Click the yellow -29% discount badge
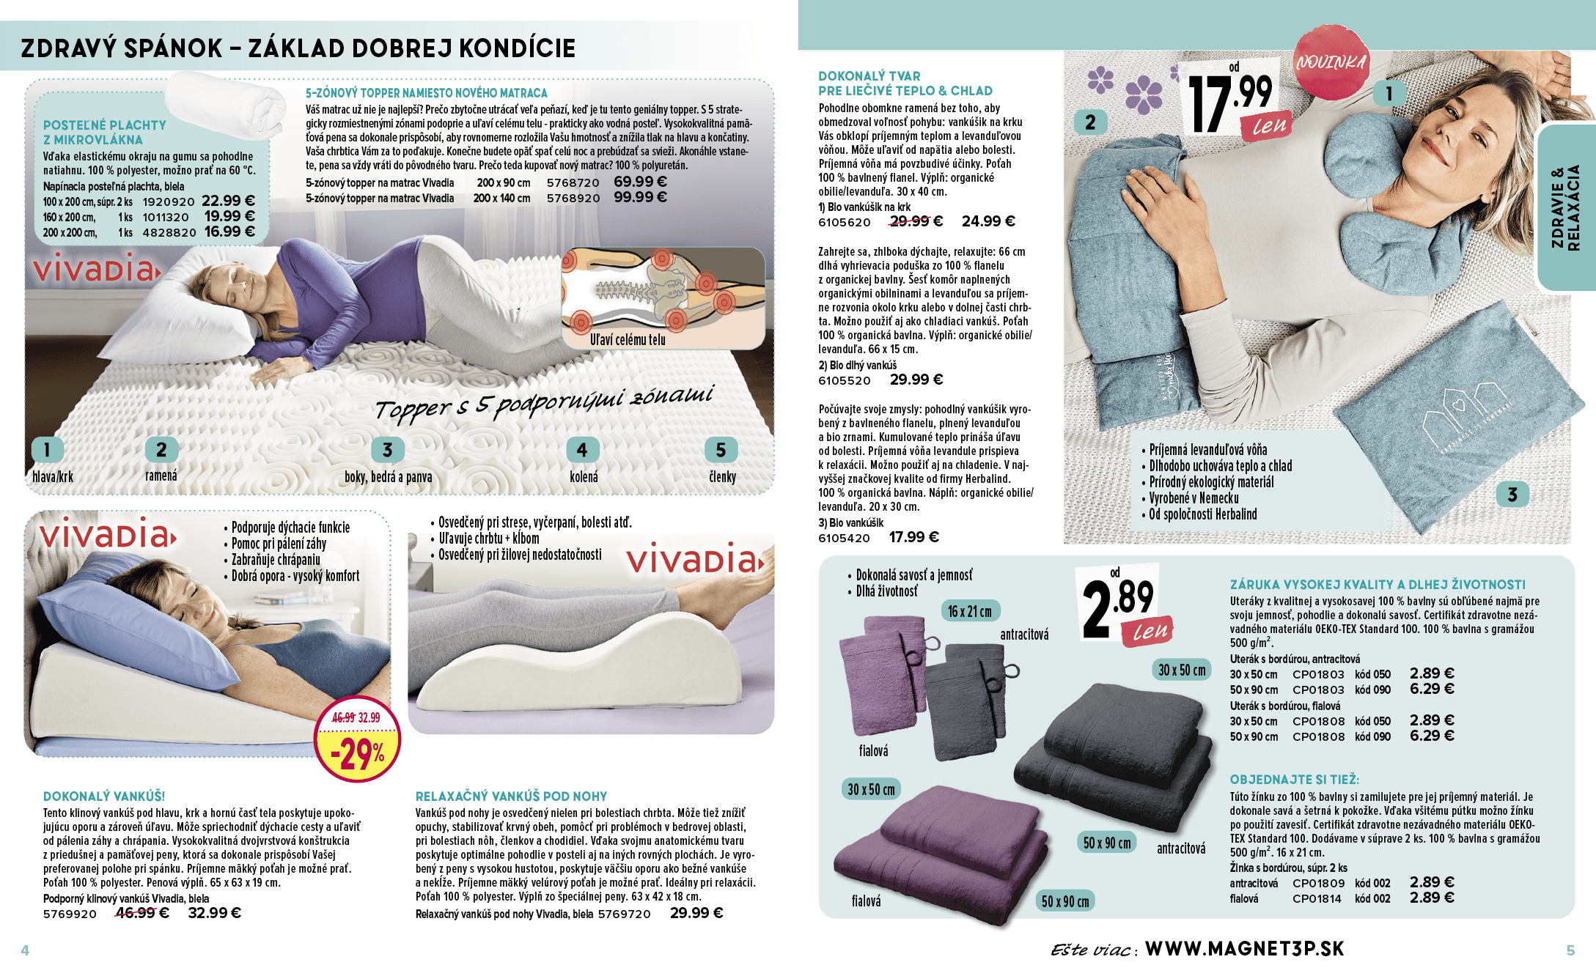tap(357, 739)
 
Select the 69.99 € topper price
tap(640, 182)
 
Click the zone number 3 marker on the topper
tap(387, 449)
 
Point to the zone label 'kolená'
tap(584, 477)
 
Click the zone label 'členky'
tap(722, 477)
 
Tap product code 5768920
tap(573, 199)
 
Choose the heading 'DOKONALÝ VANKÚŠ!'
tap(104, 796)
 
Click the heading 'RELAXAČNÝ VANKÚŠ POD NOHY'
tap(511, 796)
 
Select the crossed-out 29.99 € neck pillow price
tap(916, 221)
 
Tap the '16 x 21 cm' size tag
tap(969, 611)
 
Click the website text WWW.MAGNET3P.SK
tap(1244, 949)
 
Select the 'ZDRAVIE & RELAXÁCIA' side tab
tap(1565, 207)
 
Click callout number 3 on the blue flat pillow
tap(1512, 495)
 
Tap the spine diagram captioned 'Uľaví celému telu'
tap(663, 298)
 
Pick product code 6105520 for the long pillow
tap(845, 381)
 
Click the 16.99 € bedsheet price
tap(229, 232)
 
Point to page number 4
tap(25, 950)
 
